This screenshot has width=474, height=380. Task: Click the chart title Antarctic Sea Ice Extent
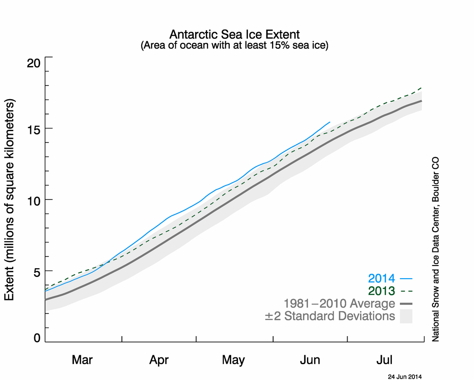[x=234, y=35]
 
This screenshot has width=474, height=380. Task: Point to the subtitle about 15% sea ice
[x=234, y=45]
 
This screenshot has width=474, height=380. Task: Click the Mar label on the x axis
[x=82, y=360]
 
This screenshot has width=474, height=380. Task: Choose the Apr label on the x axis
[x=159, y=360]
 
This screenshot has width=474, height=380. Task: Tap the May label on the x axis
[x=233, y=360]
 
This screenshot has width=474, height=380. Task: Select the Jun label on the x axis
[x=310, y=360]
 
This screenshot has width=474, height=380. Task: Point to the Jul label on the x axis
[x=385, y=360]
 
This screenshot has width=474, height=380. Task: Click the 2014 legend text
[x=381, y=279]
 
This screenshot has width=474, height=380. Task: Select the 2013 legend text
[x=381, y=291]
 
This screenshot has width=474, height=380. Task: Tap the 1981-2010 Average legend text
[x=339, y=303]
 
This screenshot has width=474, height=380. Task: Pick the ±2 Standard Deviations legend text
[x=330, y=316]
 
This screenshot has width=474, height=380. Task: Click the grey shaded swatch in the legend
[x=406, y=316]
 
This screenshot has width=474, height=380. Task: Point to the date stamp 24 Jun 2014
[x=405, y=376]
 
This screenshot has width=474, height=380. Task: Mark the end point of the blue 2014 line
[x=330, y=122]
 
